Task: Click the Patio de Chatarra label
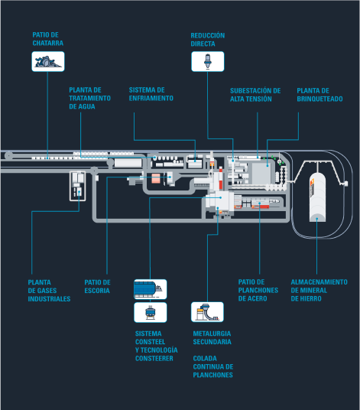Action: click(x=48, y=39)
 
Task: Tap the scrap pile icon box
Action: click(x=48, y=61)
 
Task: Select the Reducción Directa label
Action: click(x=208, y=40)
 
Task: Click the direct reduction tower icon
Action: click(x=208, y=61)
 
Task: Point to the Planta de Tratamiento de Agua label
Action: click(x=89, y=99)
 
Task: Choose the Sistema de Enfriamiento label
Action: click(x=151, y=94)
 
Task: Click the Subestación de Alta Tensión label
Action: click(x=255, y=95)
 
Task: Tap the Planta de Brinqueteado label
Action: click(x=319, y=95)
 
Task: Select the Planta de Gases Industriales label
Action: click(x=49, y=291)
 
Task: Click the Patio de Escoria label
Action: click(x=97, y=286)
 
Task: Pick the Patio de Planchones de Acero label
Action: click(x=258, y=290)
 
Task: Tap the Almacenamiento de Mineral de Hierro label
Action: click(x=319, y=290)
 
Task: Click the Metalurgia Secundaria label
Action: click(x=212, y=337)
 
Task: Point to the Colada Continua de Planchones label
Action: click(x=213, y=366)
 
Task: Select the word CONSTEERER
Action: click(x=154, y=359)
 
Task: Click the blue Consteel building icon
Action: click(x=151, y=289)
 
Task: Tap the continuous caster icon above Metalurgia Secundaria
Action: click(x=207, y=312)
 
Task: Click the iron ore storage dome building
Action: click(x=317, y=197)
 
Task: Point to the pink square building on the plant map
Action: click(x=156, y=178)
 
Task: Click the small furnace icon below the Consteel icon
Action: click(x=151, y=312)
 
